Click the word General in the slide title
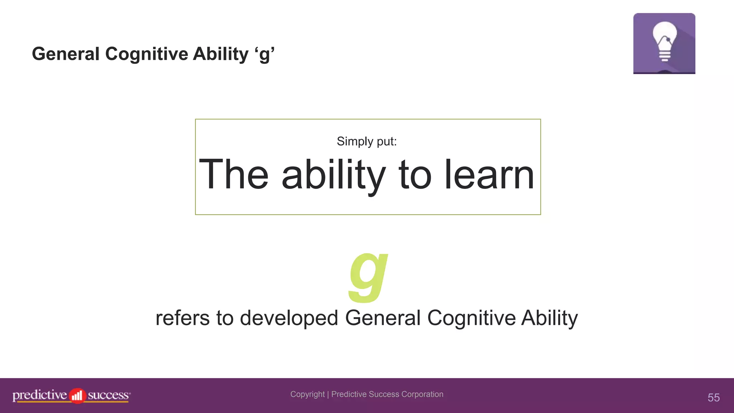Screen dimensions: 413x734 (66, 54)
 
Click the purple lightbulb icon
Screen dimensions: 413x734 (664, 43)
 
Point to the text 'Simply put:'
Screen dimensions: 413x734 (367, 141)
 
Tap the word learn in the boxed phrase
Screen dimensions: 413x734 (489, 175)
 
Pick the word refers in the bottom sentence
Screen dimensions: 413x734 (182, 318)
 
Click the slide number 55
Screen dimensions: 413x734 (714, 398)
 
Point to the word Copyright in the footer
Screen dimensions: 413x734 (308, 394)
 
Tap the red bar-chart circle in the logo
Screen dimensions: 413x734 (77, 396)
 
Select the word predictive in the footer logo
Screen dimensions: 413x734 (40, 395)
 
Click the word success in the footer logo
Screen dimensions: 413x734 (108, 395)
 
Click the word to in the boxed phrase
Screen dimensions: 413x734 (415, 175)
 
